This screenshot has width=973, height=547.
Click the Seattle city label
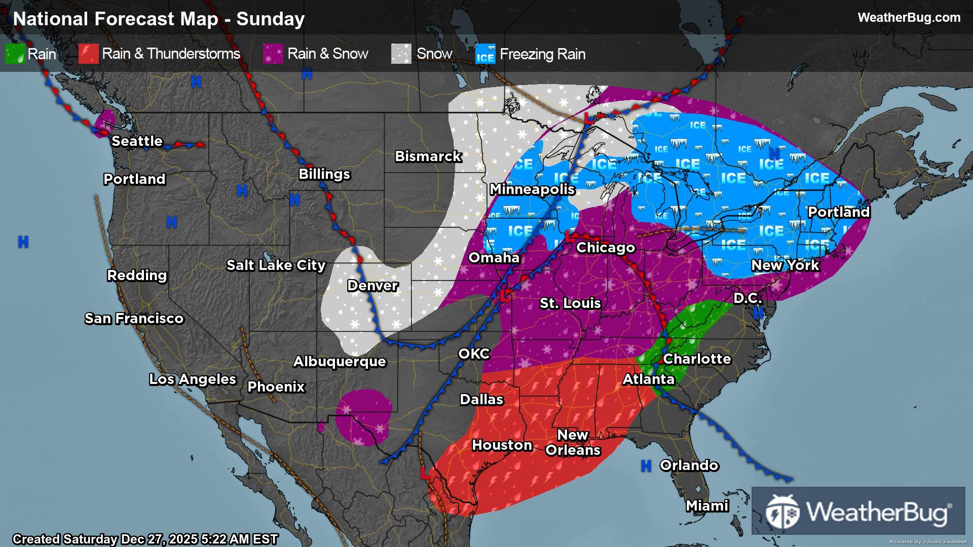click(x=137, y=141)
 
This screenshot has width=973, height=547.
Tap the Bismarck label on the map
click(x=428, y=156)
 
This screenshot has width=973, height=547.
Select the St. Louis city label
click(x=570, y=303)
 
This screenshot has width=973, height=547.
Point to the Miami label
click(x=707, y=505)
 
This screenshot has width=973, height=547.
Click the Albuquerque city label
click(x=340, y=361)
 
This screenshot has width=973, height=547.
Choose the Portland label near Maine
click(x=838, y=212)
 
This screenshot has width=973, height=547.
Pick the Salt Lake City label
click(x=276, y=265)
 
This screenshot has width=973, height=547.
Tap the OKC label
click(x=474, y=354)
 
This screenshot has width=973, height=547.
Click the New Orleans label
click(x=573, y=442)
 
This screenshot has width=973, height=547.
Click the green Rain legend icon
click(x=15, y=54)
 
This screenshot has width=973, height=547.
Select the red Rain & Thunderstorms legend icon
click(x=88, y=54)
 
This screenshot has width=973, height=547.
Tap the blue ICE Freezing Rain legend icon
click(x=485, y=54)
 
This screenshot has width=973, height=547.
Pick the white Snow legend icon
click(x=401, y=54)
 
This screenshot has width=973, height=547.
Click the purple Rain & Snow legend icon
click(x=273, y=54)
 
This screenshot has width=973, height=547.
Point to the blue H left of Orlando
click(x=646, y=466)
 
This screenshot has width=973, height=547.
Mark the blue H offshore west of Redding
click(x=23, y=242)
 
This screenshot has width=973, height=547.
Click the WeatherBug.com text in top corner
click(x=909, y=18)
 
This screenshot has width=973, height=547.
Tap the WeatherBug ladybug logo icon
click(x=782, y=512)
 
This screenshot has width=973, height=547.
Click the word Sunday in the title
click(x=270, y=19)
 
